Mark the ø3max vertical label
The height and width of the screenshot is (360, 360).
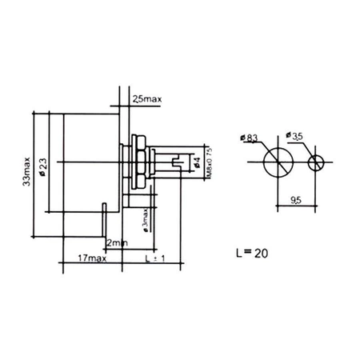pyautogui.click(x=144, y=220)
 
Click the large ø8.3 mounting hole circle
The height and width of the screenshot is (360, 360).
pyautogui.click(x=277, y=163)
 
